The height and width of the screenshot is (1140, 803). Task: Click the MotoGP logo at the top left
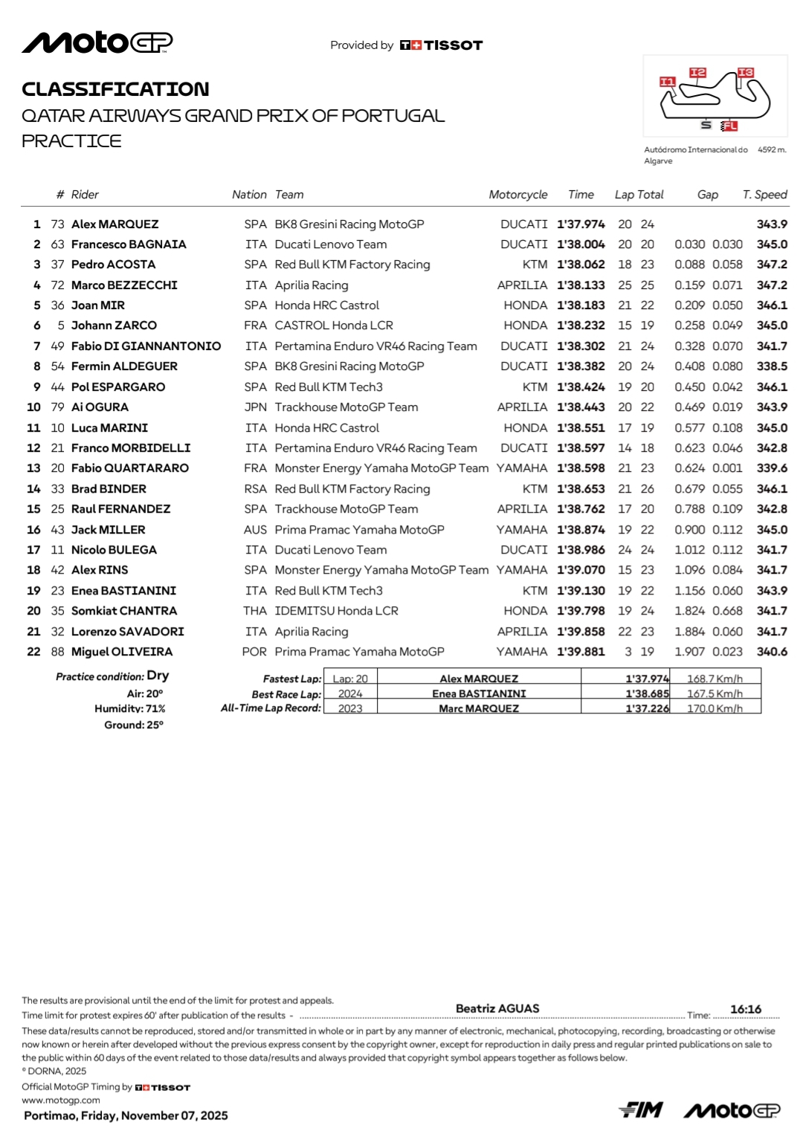pos(97,42)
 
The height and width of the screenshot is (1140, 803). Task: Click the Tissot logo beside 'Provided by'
pos(442,45)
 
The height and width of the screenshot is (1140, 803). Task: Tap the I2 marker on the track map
pos(697,72)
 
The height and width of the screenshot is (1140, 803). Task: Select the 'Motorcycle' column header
pos(517,195)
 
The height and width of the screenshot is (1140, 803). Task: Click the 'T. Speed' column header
pos(764,195)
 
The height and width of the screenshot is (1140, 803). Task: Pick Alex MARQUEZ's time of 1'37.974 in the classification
pos(581,224)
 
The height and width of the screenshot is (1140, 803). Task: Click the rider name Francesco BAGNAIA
pos(129,244)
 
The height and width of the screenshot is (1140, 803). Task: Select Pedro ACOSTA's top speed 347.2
pos(772,265)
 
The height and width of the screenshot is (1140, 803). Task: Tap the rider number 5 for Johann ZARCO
pos(61,326)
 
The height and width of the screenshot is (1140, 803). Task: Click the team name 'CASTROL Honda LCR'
pos(334,326)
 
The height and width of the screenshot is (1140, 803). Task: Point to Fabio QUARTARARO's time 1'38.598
pos(581,468)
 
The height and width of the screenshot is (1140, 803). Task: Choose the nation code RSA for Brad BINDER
pos(255,489)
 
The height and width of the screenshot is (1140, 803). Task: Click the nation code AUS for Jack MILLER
pos(255,530)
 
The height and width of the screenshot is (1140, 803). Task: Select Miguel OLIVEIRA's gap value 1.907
pos(689,652)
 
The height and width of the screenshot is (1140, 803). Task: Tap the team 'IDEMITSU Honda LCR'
pos(336,611)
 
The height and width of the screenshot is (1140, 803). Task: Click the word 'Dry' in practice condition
pos(158,676)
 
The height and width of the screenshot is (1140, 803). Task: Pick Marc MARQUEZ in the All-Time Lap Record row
pos(479,708)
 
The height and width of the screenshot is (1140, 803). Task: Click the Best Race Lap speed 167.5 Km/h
pos(715,693)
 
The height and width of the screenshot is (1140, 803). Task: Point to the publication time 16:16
pos(746,1009)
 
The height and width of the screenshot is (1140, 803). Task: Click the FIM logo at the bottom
pos(641,1110)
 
